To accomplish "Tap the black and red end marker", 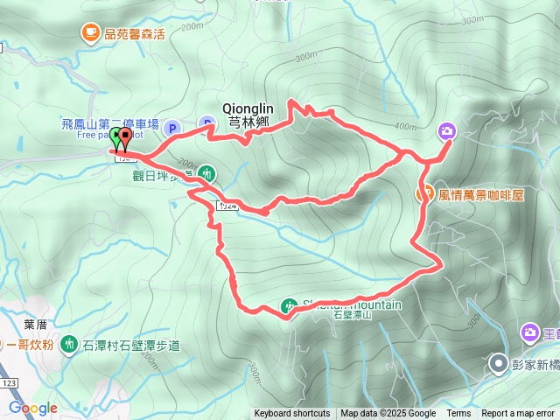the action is [125, 137].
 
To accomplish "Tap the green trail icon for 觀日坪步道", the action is [206, 173].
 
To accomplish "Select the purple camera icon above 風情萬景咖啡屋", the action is [447, 131].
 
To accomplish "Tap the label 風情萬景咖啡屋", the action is [481, 194].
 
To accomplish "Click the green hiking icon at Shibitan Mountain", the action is [289, 306].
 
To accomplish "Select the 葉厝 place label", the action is [35, 324].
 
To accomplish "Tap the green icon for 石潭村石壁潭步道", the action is [68, 345].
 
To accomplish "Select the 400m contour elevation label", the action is [406, 126].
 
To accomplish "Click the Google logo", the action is [32, 409].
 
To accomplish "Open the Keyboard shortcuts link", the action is [292, 414].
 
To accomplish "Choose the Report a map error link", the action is [519, 414].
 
